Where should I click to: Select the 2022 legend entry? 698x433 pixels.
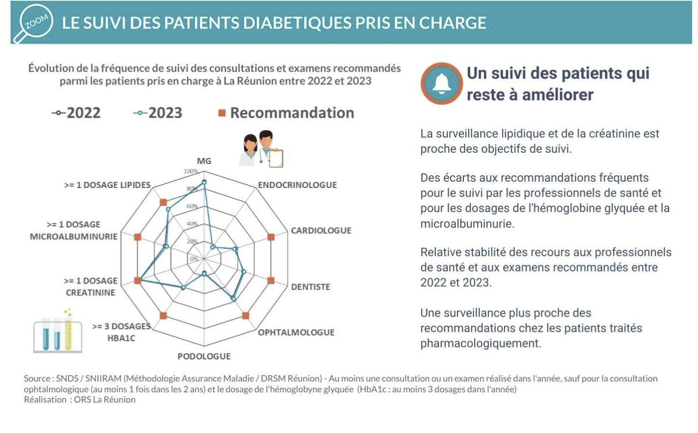[x=77, y=113]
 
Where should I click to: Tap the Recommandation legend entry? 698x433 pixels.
[x=286, y=113]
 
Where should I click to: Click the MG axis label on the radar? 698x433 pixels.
[x=204, y=161]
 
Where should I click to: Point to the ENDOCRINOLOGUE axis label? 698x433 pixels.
[x=297, y=185]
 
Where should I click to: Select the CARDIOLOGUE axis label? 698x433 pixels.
[x=321, y=231]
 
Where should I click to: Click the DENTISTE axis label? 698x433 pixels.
[x=311, y=287]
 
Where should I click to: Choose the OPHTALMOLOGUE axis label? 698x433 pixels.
[x=296, y=332]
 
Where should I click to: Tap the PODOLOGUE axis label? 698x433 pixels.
[x=204, y=356]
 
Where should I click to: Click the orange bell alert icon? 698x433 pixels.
[x=441, y=83]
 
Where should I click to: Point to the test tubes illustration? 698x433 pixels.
[x=57, y=332]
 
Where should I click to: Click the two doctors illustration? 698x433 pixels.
[x=261, y=149]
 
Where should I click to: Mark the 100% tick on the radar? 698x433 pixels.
[x=191, y=171]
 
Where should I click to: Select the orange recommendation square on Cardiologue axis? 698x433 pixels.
[x=271, y=237]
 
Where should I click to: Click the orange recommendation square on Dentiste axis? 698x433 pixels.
[x=271, y=281]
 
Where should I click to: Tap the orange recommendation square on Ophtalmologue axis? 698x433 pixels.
[x=245, y=316]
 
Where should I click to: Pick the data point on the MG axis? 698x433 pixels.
[x=204, y=182]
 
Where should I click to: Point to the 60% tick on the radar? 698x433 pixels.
[x=192, y=207]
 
